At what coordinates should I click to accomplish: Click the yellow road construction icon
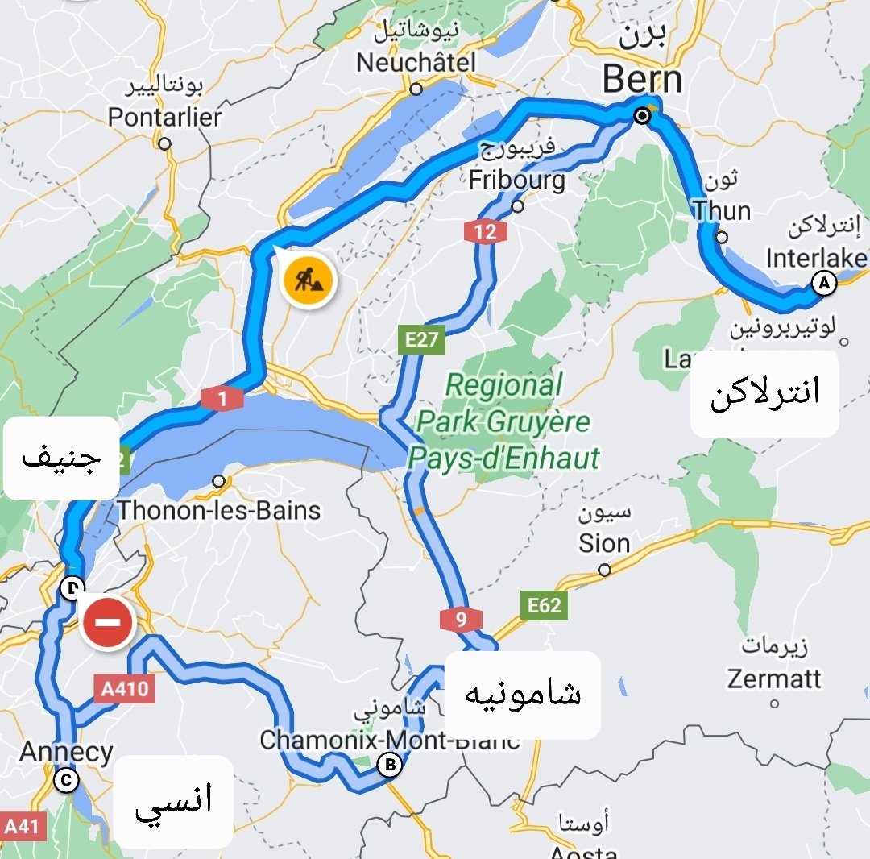(309, 281)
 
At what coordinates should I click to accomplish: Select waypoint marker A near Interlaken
(823, 283)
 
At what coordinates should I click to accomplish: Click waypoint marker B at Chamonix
(390, 765)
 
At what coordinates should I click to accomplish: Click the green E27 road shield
(421, 340)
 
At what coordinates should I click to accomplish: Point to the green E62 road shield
(544, 605)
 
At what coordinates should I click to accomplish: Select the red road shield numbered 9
(461, 620)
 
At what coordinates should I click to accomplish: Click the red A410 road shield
(123, 689)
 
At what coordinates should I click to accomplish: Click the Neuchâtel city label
(416, 63)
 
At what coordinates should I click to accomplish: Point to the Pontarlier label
(164, 118)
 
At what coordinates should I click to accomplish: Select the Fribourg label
(517, 179)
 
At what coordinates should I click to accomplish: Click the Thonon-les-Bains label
(218, 510)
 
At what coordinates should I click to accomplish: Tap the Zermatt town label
(774, 678)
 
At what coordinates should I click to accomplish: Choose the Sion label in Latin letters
(604, 543)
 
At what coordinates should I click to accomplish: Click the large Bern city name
(642, 80)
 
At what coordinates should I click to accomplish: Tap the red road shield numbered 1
(222, 397)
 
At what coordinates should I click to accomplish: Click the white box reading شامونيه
(522, 695)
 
